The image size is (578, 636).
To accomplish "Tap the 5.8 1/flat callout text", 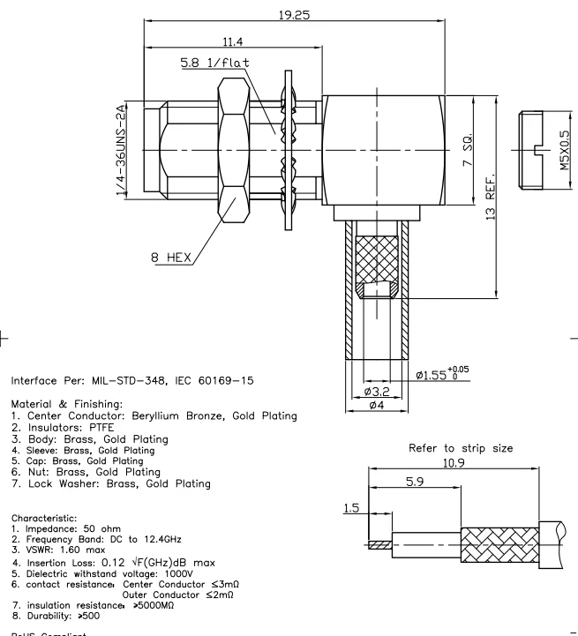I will coord(214,64).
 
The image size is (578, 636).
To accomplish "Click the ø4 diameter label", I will coord(375,405).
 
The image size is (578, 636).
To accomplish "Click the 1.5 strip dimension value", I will coord(350,509).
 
